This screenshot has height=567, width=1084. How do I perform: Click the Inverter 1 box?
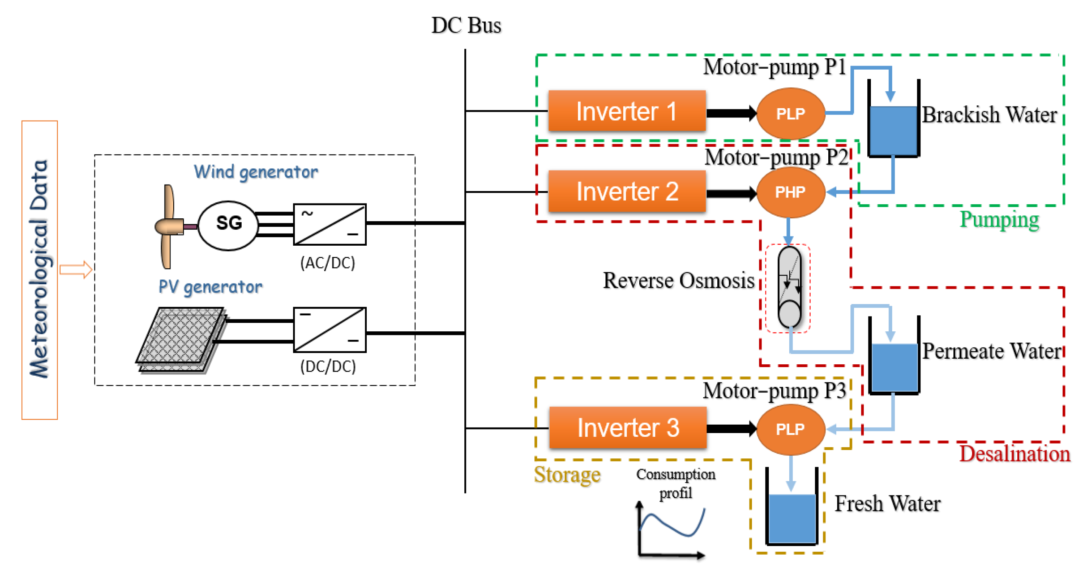626,111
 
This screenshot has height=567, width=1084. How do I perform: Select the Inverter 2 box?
626,191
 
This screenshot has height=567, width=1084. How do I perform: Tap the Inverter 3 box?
627,428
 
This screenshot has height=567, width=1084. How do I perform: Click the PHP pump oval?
790,192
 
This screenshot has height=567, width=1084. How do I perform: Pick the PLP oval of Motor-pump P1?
790,114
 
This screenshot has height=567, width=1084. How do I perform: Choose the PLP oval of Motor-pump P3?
790,429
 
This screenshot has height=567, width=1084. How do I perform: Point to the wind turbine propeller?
168,226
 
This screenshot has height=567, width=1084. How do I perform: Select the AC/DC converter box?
329,224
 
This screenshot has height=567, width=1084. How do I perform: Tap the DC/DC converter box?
329,330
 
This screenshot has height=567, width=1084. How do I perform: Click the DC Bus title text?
466,25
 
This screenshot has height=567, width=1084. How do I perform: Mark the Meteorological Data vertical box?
39,270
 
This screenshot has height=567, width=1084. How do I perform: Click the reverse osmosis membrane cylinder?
789,288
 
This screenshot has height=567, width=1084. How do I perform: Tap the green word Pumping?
999,220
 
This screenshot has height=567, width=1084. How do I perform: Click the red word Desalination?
1014,454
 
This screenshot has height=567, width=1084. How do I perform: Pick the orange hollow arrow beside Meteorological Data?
76,269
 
